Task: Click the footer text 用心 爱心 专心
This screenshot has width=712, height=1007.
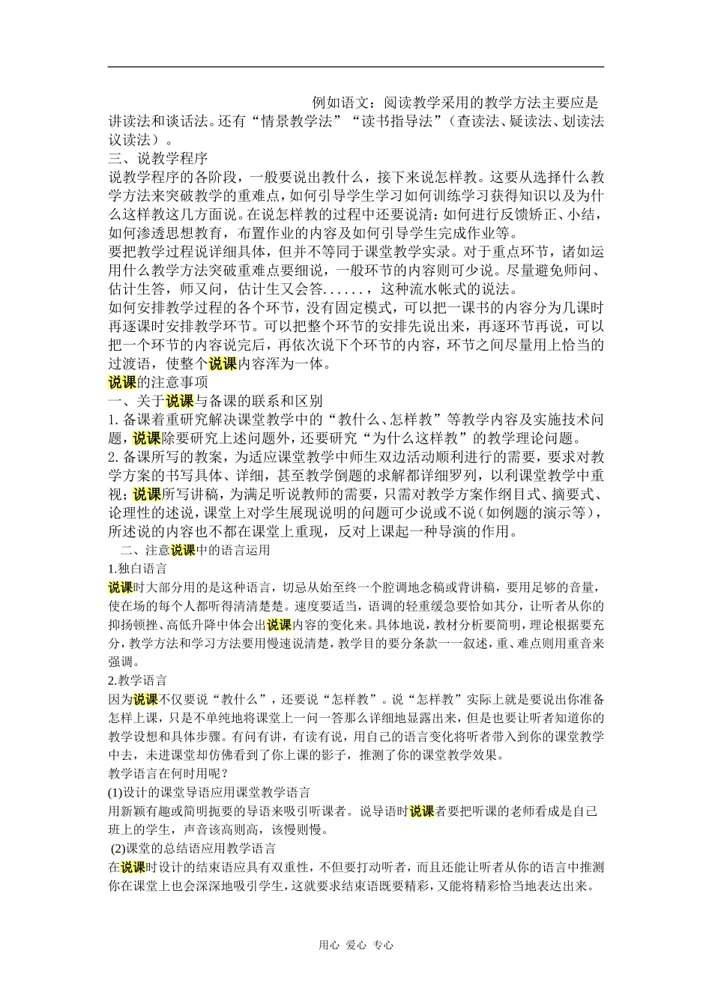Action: click(x=356, y=945)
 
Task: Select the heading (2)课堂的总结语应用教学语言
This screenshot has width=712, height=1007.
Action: click(x=193, y=848)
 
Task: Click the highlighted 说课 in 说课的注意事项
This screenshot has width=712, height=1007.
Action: click(x=122, y=382)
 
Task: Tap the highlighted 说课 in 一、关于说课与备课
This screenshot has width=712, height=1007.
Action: click(x=180, y=401)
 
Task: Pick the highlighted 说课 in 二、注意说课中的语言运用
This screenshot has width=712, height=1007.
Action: click(x=183, y=550)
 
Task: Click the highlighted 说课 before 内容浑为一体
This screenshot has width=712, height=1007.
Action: click(x=222, y=364)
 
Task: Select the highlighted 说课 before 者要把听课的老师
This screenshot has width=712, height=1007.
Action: click(x=422, y=811)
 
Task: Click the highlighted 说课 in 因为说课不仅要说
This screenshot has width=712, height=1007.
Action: click(x=145, y=699)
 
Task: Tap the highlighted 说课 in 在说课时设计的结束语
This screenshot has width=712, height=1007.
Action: click(x=133, y=867)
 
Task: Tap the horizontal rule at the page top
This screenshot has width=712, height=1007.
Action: click(x=356, y=67)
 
